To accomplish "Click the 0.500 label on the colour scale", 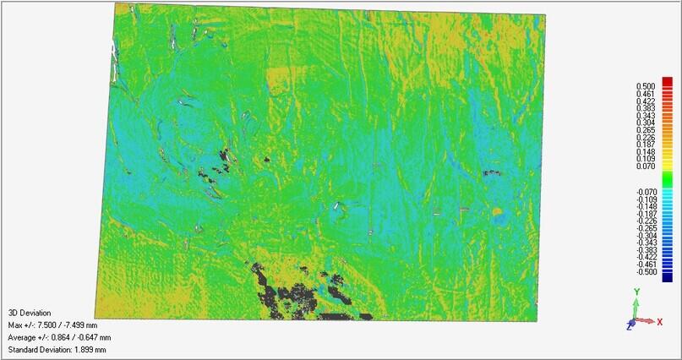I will (x=645, y=85).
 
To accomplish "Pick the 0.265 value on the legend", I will (x=645, y=129).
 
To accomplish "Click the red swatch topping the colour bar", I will (x=667, y=81).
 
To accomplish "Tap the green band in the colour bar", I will (x=667, y=179).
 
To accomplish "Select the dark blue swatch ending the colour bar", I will (x=667, y=275).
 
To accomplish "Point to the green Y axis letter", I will (x=636, y=291).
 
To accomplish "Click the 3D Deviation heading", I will (x=27, y=311).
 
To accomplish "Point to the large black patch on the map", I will (x=292, y=296).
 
